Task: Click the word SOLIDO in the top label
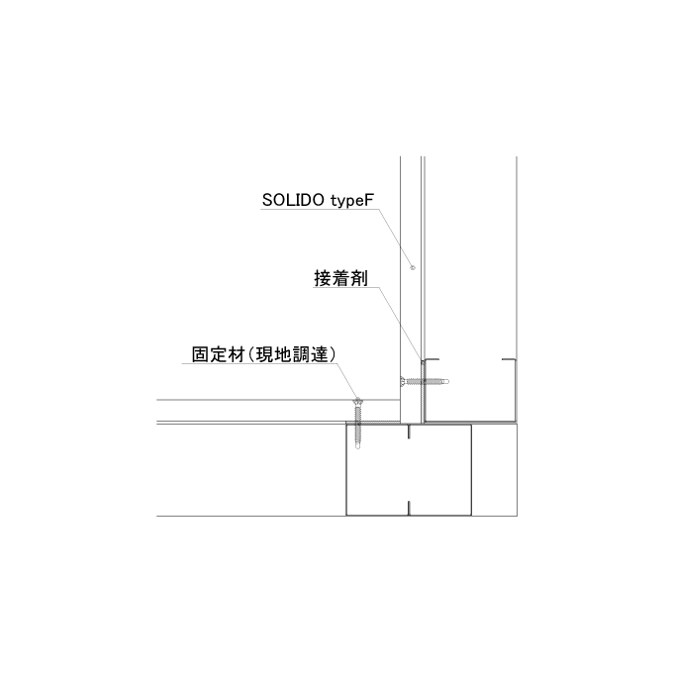(293, 200)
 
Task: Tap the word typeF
(352, 201)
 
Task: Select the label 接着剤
(340, 278)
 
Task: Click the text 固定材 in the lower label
(218, 354)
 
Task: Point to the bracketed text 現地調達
(292, 354)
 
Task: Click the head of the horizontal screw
(403, 381)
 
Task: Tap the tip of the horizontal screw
(446, 381)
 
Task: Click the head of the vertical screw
(357, 402)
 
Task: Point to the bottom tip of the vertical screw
(358, 447)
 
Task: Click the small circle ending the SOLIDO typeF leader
(413, 268)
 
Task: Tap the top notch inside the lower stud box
(409, 432)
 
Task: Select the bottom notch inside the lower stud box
(409, 508)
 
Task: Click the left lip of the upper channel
(431, 359)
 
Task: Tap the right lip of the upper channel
(509, 359)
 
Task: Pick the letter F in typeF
(370, 200)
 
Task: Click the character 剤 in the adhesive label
(359, 278)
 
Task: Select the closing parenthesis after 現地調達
(333, 354)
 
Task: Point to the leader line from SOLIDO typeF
(396, 239)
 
